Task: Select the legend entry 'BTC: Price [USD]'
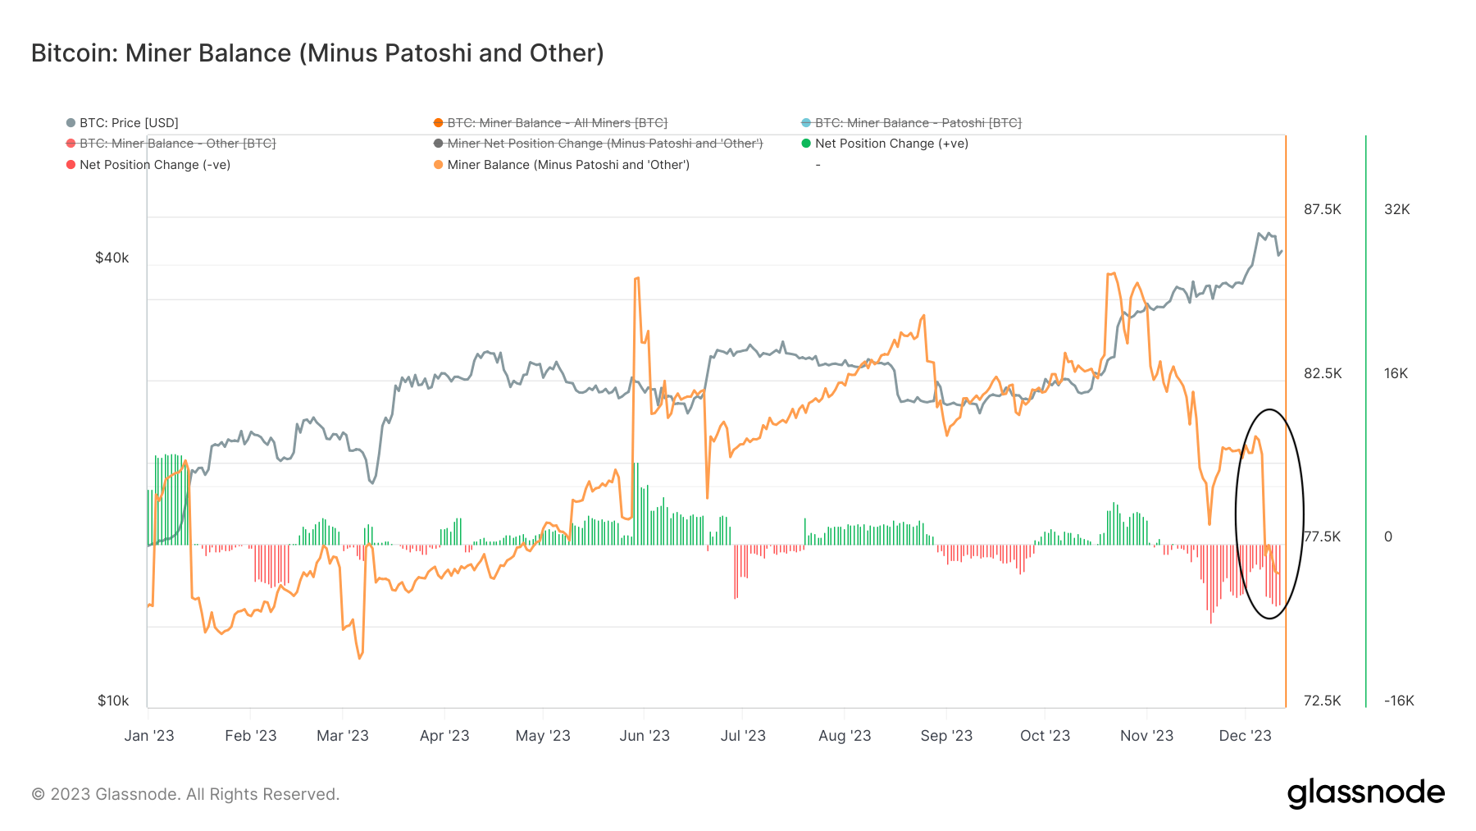click(129, 123)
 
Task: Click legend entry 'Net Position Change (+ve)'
click(891, 144)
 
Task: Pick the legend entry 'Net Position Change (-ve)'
click(154, 165)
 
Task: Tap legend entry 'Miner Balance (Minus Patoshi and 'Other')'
click(567, 165)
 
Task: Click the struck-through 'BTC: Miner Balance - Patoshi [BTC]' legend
click(918, 123)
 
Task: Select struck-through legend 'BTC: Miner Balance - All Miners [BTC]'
click(557, 123)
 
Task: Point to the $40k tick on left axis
click(112, 258)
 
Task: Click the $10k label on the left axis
click(113, 701)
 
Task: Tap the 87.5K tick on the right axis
click(1322, 209)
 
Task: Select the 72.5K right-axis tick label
click(1322, 701)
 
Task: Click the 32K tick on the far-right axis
click(1396, 209)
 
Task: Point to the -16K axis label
click(1399, 701)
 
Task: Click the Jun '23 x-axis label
click(645, 736)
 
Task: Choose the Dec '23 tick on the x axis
click(1245, 736)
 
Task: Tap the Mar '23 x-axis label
click(343, 736)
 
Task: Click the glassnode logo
click(1365, 793)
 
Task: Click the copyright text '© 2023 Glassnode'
click(185, 794)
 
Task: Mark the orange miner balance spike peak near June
click(637, 279)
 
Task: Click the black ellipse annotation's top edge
click(1269, 409)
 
